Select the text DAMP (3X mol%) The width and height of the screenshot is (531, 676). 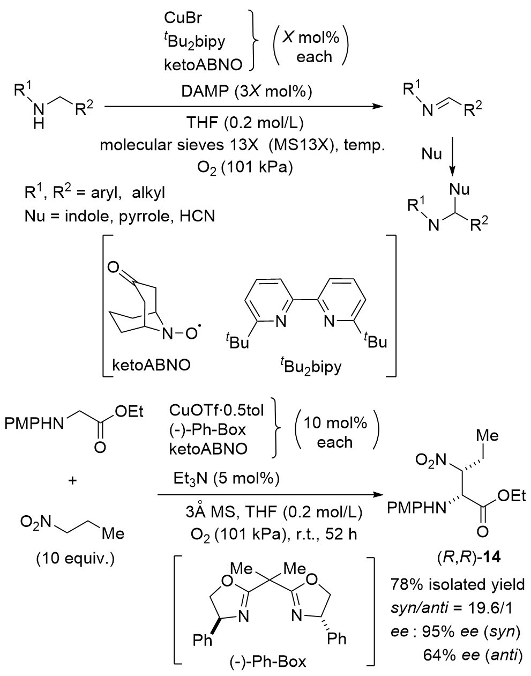[244, 92]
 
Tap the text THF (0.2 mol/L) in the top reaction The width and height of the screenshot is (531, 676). [244, 123]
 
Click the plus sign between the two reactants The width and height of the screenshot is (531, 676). [72, 481]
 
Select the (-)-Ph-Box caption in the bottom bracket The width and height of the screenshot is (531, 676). [274, 662]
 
